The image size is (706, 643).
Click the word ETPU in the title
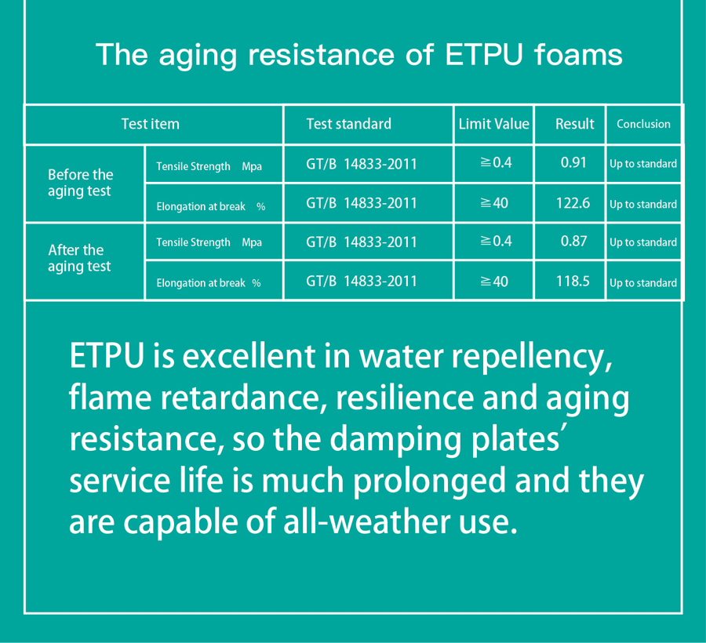(484, 55)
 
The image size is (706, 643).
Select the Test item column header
(151, 124)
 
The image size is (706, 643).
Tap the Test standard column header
(349, 124)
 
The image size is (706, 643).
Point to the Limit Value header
(494, 124)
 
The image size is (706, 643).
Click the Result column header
(574, 124)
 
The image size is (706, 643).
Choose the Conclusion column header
(643, 124)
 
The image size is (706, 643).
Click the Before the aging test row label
(81, 183)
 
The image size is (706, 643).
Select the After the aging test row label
(80, 258)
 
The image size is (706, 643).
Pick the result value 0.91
(573, 162)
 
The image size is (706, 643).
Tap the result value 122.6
(573, 203)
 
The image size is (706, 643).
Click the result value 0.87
(573, 242)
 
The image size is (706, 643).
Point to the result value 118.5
(573, 282)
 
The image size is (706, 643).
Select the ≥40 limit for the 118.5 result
(494, 282)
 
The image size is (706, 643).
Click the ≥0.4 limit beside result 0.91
(496, 162)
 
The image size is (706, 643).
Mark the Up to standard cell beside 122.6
(643, 205)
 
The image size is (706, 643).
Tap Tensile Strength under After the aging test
(193, 242)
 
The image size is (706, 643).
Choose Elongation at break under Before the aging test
(201, 206)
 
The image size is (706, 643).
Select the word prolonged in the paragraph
(429, 481)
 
